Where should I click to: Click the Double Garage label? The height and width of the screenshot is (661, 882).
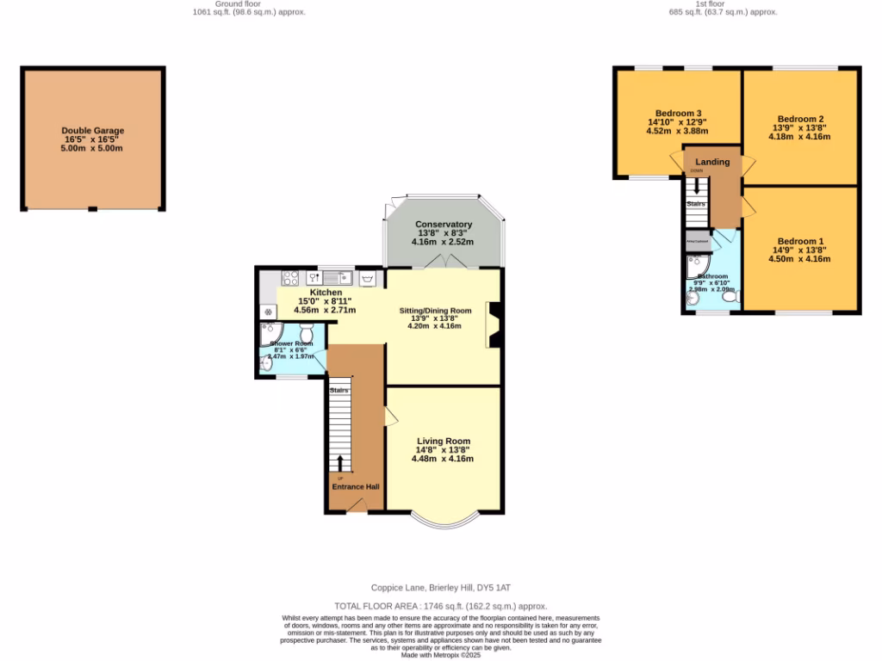pyautogui.click(x=93, y=131)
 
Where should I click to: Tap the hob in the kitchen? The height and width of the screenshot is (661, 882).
pyautogui.click(x=290, y=278)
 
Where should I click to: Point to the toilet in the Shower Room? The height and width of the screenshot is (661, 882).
pyautogui.click(x=306, y=333)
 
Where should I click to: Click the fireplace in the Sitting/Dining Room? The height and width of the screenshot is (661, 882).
pyautogui.click(x=494, y=325)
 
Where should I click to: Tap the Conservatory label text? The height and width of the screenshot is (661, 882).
pyautogui.click(x=443, y=225)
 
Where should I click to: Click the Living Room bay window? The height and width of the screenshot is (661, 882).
pyautogui.click(x=443, y=520)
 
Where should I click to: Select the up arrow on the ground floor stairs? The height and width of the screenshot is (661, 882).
pyautogui.click(x=340, y=463)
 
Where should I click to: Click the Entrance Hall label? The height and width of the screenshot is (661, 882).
pyautogui.click(x=356, y=486)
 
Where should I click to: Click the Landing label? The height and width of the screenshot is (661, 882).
pyautogui.click(x=712, y=162)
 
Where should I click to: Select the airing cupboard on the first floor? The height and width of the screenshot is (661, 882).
pyautogui.click(x=698, y=242)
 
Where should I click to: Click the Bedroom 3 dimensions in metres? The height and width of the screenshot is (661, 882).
pyautogui.click(x=676, y=132)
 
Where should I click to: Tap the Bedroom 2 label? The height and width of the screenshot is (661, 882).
pyautogui.click(x=800, y=119)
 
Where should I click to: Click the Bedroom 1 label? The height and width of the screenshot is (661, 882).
pyautogui.click(x=800, y=241)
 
